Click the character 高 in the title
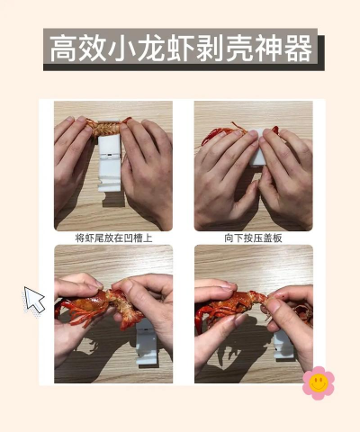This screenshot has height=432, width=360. click(x=64, y=49)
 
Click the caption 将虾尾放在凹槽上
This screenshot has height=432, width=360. click(x=112, y=238)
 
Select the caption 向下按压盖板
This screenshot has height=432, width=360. click(x=253, y=238)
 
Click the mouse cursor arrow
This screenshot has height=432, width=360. click(x=34, y=300)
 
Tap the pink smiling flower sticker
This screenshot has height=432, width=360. click(x=318, y=382)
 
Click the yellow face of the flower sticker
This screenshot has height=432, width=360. click(x=318, y=382)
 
